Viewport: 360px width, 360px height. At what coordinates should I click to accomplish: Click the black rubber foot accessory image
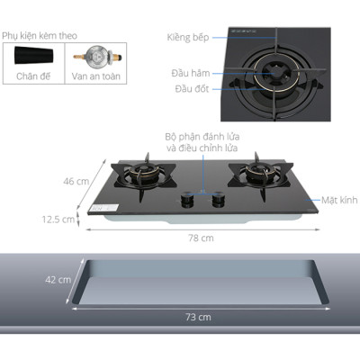point(34,56)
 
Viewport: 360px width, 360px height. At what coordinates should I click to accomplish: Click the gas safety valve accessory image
point(97,56)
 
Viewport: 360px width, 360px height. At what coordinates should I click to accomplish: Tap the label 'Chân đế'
point(33,76)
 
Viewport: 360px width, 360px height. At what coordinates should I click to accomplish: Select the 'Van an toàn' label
point(95,76)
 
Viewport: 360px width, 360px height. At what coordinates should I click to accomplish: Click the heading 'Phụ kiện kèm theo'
point(40,36)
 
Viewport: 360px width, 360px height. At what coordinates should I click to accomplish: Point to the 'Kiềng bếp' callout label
point(188,38)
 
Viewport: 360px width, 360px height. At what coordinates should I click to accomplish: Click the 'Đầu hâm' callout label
point(191,73)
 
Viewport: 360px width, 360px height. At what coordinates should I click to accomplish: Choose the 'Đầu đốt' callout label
point(192,89)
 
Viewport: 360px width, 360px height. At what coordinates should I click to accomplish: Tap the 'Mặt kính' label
point(339,200)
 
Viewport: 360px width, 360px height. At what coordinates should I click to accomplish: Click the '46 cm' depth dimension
point(76,182)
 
